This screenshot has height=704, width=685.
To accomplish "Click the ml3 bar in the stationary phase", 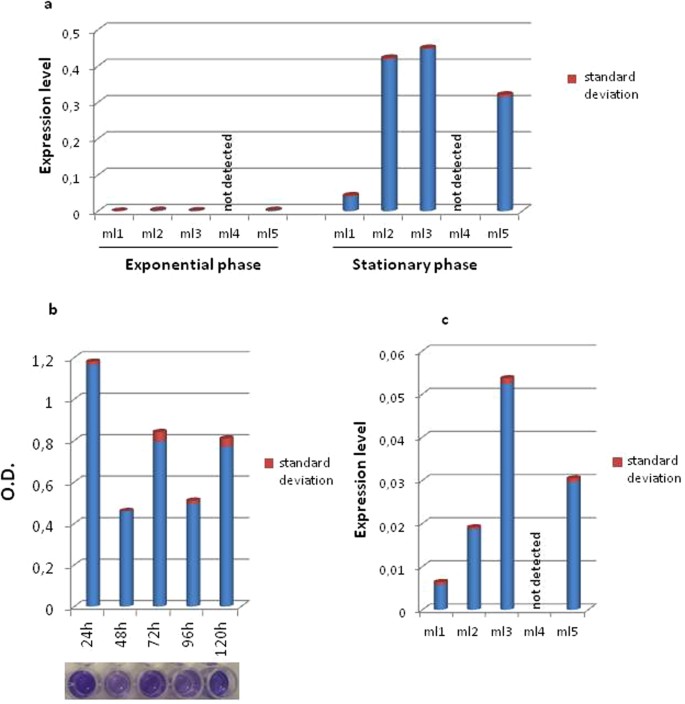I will pyautogui.click(x=428, y=130).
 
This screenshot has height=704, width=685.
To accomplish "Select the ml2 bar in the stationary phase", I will pyautogui.click(x=389, y=135).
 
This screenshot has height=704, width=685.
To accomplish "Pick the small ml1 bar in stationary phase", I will pyautogui.click(x=350, y=202).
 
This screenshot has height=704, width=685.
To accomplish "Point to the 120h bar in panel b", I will pyautogui.click(x=226, y=521).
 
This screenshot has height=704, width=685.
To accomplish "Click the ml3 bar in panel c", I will pyautogui.click(x=507, y=494).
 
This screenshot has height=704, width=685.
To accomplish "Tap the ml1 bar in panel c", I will pyautogui.click(x=440, y=594).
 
